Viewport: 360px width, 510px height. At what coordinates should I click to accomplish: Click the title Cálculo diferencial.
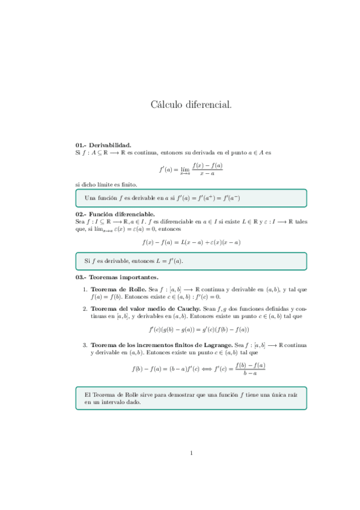click(191, 105)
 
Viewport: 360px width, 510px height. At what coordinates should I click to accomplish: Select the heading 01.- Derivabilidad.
click(103, 145)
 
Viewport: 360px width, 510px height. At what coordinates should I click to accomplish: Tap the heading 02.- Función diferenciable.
click(115, 214)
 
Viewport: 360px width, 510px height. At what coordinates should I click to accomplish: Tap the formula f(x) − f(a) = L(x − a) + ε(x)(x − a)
click(191, 242)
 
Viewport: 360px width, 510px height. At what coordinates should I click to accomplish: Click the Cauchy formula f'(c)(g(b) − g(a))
click(198, 330)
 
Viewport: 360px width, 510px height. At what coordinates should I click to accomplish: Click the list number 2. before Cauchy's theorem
click(85, 309)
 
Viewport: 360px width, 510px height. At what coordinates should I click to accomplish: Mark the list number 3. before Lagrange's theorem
click(85, 345)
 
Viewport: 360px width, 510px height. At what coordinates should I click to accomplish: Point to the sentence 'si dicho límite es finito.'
click(102, 184)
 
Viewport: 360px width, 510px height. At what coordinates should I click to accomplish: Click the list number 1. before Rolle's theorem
click(85, 289)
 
